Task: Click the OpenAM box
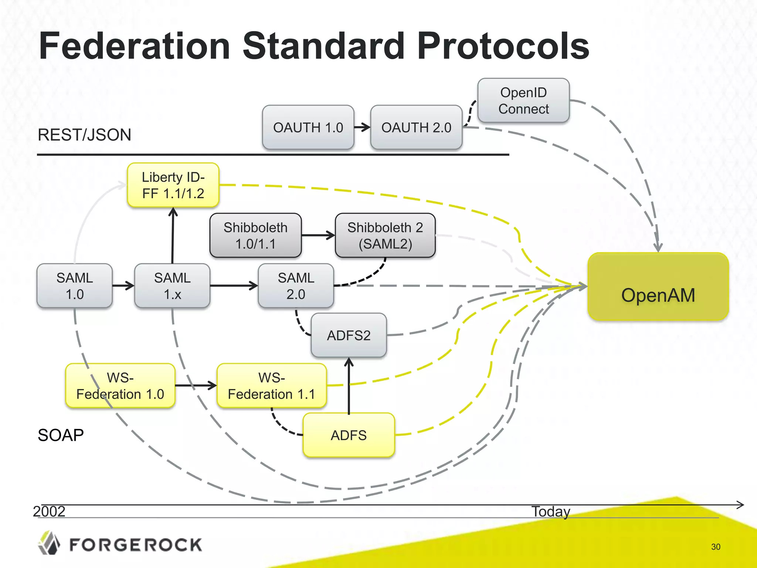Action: (x=658, y=287)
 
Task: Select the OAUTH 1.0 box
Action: (x=308, y=127)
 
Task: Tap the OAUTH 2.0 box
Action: (x=416, y=127)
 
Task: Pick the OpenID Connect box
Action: (x=523, y=101)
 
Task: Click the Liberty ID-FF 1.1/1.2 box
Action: (x=173, y=185)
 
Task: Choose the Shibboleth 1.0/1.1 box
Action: (x=255, y=235)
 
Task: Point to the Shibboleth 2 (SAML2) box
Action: (x=385, y=235)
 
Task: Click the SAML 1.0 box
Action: (x=75, y=285)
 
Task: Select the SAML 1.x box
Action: (x=172, y=285)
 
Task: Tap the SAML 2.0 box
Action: (x=296, y=285)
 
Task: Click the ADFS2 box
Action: (x=349, y=335)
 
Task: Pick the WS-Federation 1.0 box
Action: (x=120, y=386)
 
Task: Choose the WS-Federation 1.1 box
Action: (x=272, y=386)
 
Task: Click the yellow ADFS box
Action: (x=349, y=435)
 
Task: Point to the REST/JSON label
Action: (x=84, y=135)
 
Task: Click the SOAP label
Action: (x=61, y=435)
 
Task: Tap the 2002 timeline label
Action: (x=49, y=511)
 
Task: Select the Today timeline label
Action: (x=551, y=511)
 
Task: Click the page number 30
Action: (x=716, y=547)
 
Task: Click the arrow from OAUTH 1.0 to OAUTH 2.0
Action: (x=362, y=127)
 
